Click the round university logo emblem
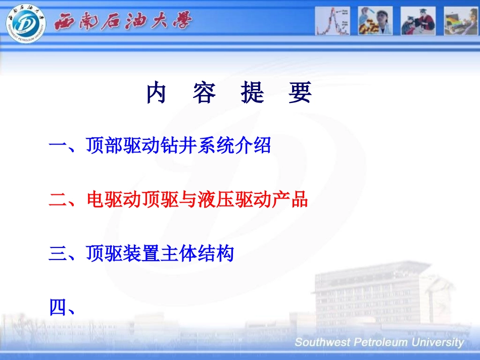pos(26,23)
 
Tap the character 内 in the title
pos(156,92)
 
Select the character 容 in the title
pos(204,92)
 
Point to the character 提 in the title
pos(252,92)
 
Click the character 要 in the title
pos(300,92)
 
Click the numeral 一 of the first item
pos(58,145)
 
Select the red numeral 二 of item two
pos(58,200)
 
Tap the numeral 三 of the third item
pos(58,254)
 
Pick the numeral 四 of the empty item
pos(58,307)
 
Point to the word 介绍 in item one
pos(253,145)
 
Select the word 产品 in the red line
pos(290,199)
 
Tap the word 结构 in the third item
pos(216,253)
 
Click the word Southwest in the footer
pos(322,342)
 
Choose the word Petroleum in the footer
pos(380,342)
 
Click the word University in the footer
pos(438,342)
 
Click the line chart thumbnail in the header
pos(332,21)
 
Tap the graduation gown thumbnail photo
pos(418,21)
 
